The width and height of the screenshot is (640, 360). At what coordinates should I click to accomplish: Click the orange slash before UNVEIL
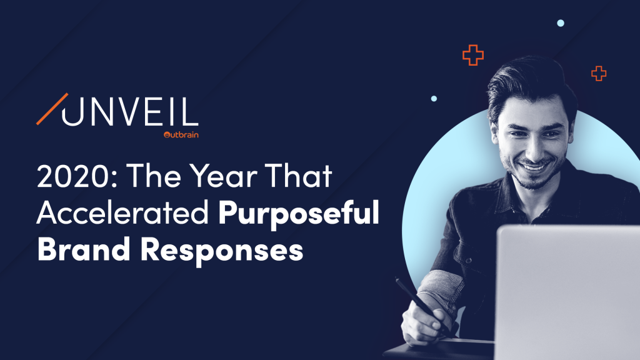coord(52,109)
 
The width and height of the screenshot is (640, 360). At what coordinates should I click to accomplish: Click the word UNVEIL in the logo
coord(130,111)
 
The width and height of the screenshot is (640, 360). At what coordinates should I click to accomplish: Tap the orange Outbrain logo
coord(181,135)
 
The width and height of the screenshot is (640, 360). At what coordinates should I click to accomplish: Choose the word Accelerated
coord(122,212)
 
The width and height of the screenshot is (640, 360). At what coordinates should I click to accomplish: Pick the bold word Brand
coord(84,249)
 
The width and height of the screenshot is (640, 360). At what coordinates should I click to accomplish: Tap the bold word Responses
coord(222,250)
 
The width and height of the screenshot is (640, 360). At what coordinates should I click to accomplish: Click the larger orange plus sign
coord(473,55)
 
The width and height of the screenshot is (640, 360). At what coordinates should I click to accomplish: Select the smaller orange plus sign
coord(599,74)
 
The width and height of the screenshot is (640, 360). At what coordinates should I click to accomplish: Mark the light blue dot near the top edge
coord(561,23)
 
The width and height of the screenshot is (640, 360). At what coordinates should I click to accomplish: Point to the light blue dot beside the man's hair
coord(434,99)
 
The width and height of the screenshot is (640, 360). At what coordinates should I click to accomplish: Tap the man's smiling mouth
coord(533,167)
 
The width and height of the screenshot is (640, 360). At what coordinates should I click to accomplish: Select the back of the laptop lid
coord(567,292)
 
